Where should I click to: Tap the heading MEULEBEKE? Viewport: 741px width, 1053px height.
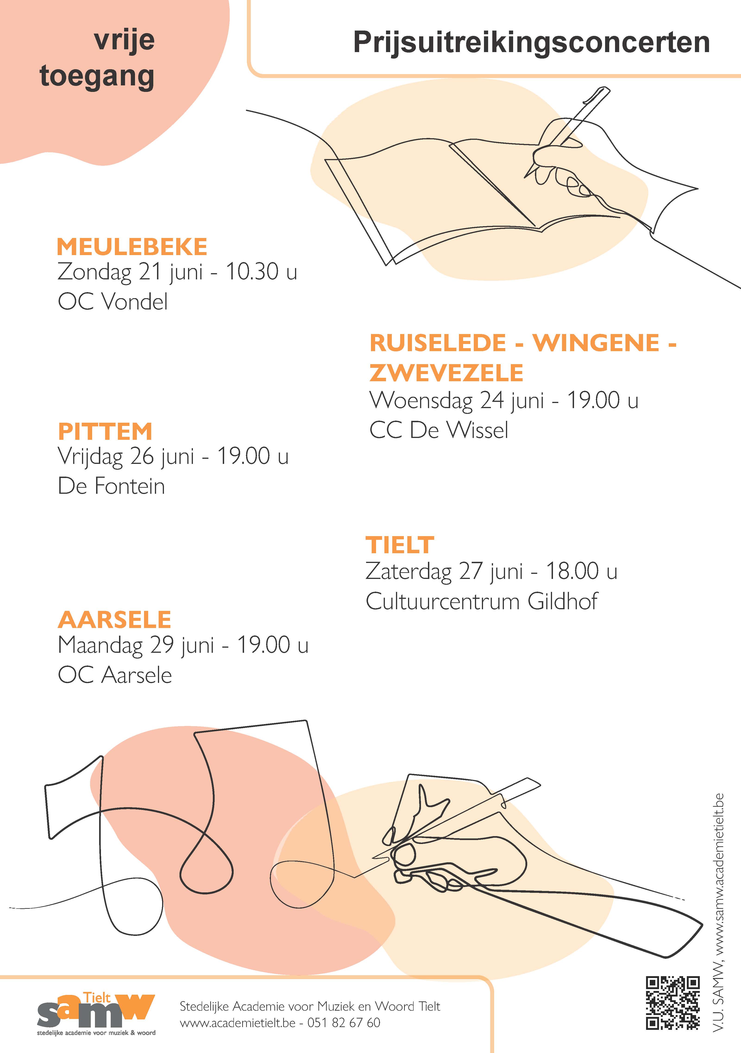[x=132, y=247]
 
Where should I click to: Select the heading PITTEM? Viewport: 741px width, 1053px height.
[x=105, y=431]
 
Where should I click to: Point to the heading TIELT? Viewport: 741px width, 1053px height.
[x=400, y=545]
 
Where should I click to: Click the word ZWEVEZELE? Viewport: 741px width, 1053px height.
[x=446, y=373]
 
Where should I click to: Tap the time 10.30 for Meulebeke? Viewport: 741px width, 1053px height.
[x=252, y=272]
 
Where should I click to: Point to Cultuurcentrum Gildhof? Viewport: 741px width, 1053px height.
[x=482, y=601]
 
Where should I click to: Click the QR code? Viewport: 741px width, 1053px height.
[x=673, y=1003]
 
